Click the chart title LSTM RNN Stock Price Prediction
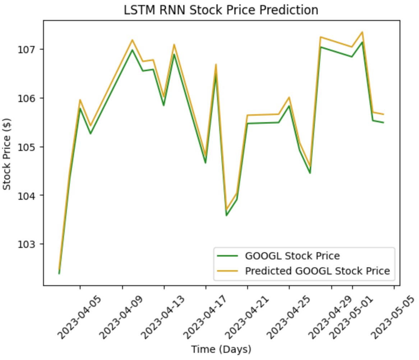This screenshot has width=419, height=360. tap(221, 10)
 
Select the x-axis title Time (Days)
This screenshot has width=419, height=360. tap(221, 349)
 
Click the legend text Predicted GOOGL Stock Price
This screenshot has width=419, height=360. tap(317, 271)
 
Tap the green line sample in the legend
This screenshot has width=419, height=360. tap(227, 256)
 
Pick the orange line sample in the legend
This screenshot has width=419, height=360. tap(227, 271)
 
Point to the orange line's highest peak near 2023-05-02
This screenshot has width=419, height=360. tap(362, 32)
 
